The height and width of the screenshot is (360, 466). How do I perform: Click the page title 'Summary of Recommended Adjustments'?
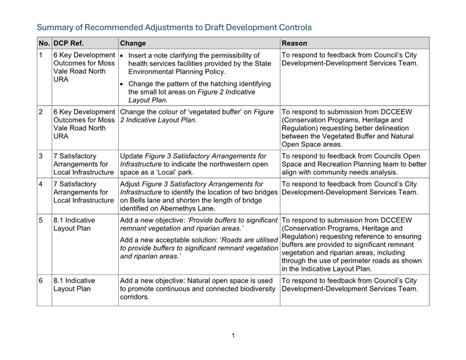174,27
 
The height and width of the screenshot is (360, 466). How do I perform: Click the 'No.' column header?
44,43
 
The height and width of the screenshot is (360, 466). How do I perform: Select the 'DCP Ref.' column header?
69,43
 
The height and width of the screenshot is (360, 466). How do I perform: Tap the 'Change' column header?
133,43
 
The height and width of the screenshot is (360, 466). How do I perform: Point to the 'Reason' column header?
295,43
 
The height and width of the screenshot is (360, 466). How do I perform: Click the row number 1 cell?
41,56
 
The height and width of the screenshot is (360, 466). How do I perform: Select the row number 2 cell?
41,112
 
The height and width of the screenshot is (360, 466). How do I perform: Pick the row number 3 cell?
41,156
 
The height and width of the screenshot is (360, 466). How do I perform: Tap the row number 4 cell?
41,184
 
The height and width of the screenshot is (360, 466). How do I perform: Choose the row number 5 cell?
41,220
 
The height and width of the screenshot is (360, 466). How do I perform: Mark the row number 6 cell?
41,281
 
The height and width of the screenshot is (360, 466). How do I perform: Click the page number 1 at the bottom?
233,335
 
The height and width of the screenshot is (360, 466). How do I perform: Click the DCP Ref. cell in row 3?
84,164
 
